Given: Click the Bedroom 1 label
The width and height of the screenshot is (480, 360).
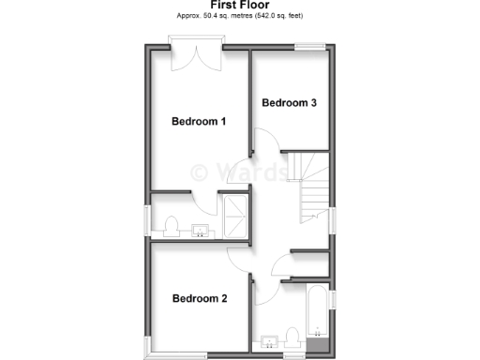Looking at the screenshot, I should [x=199, y=121].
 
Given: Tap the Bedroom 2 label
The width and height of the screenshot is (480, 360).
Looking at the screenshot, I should [x=199, y=299].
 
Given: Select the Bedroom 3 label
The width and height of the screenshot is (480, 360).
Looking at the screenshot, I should [x=287, y=102].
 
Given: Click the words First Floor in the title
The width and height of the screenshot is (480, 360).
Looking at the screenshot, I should [x=240, y=6].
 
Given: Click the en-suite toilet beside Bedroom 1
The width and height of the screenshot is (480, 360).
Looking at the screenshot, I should [x=171, y=226].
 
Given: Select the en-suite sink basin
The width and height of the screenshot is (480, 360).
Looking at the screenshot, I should [x=200, y=231].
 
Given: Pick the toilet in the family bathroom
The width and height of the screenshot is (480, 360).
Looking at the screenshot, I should [x=292, y=336].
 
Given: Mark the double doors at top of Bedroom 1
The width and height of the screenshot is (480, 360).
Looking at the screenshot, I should [x=195, y=54].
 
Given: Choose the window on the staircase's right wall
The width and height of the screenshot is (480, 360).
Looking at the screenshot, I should [x=332, y=217].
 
